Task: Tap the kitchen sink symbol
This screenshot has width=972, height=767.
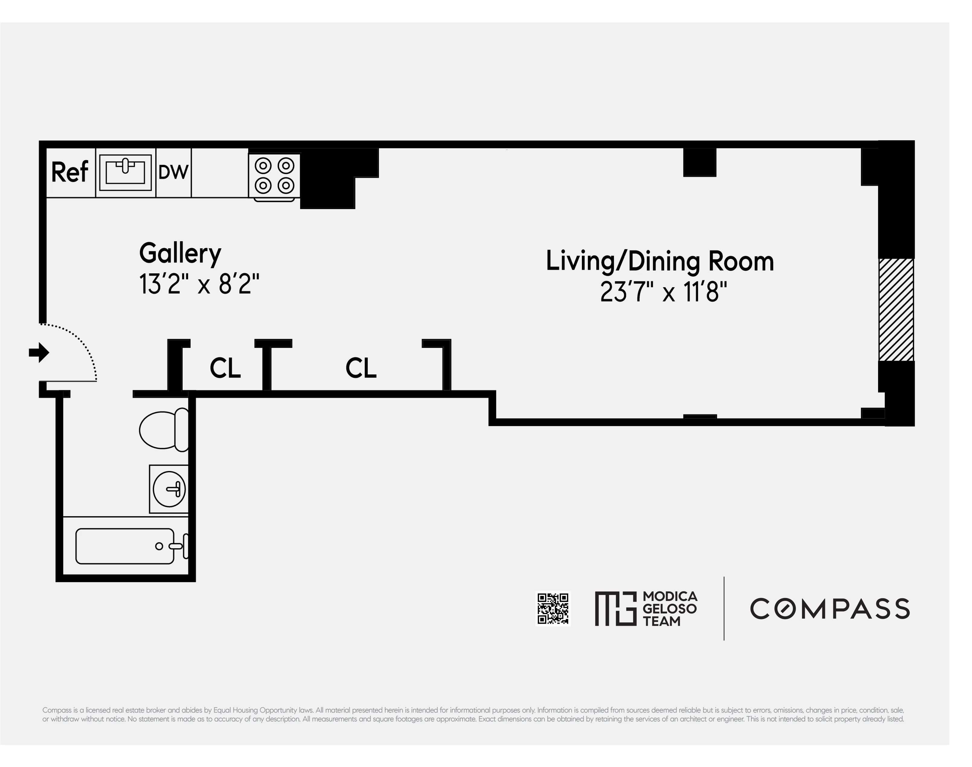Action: coord(125,173)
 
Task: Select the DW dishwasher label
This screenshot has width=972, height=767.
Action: coord(173,172)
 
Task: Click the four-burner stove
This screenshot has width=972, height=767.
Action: coord(274,176)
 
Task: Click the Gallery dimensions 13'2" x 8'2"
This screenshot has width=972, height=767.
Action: coord(199,284)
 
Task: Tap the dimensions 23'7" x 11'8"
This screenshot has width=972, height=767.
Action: coord(663,292)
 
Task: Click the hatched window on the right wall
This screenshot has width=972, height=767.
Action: coord(896,310)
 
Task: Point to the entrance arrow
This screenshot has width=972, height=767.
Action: coord(39,352)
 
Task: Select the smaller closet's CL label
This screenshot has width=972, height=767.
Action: coord(225,368)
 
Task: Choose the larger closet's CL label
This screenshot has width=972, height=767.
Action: coord(361,368)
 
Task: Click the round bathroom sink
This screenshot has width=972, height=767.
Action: coord(169,489)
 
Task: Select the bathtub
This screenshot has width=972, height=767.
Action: coord(125,546)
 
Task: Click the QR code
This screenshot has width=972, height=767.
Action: coord(553,609)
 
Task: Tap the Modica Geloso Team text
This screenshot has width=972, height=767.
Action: coord(669,609)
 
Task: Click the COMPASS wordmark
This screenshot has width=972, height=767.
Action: coord(829,609)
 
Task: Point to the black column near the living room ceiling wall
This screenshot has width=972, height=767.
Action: coord(699,162)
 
